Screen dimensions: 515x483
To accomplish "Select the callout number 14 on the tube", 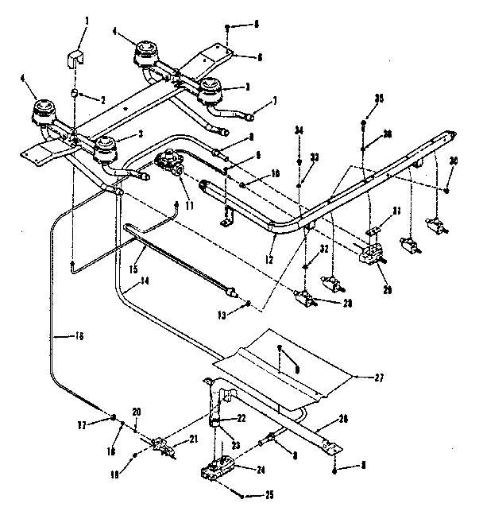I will (144, 281).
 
